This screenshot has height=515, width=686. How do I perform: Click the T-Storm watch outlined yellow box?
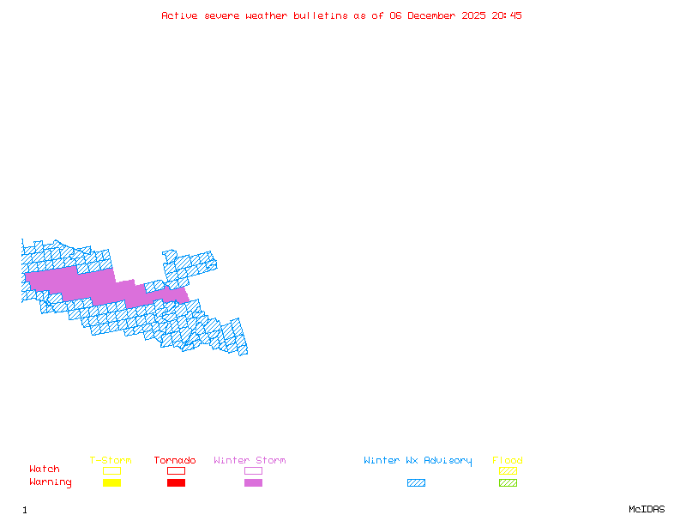click(111, 470)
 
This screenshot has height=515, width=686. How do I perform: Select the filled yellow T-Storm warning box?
click(111, 482)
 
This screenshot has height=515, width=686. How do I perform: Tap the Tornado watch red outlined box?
click(176, 470)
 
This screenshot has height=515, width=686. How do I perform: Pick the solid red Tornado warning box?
click(176, 482)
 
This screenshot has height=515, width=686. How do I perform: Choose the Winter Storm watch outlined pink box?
click(253, 470)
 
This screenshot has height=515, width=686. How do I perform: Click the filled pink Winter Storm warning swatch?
click(253, 482)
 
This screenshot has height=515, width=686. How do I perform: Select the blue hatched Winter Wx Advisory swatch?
click(416, 482)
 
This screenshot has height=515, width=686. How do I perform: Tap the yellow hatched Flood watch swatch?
click(508, 470)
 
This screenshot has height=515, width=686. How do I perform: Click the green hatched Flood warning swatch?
click(508, 482)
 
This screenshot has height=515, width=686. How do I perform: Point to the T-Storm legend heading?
click(111, 460)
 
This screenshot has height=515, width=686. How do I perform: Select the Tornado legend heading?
click(175, 460)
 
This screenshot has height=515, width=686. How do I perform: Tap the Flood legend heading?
click(508, 460)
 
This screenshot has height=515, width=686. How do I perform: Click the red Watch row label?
click(45, 470)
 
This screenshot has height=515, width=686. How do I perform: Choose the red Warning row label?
click(51, 482)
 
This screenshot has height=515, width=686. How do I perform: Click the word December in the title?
click(435, 15)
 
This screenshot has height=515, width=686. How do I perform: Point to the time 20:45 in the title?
click(507, 15)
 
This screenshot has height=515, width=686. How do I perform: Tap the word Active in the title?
click(180, 15)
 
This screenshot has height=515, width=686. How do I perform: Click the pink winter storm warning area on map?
click(86, 284)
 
